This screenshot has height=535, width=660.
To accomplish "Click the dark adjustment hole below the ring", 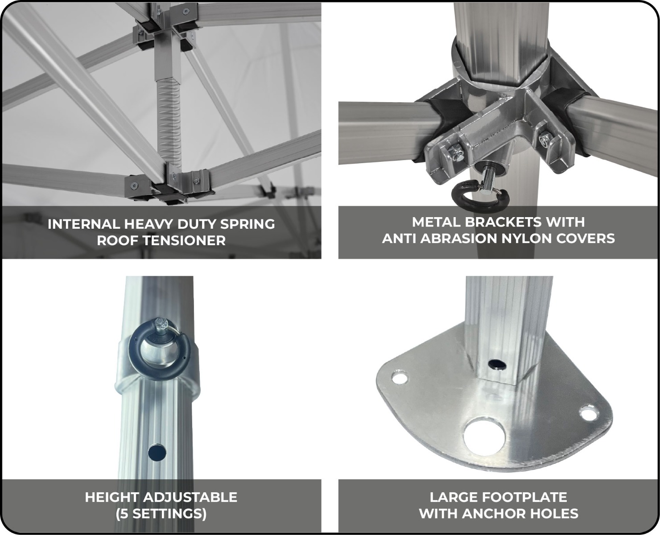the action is [157, 453].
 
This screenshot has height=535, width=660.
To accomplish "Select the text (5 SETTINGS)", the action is [161, 513].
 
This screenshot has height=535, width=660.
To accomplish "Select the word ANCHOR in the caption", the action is [495, 513].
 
